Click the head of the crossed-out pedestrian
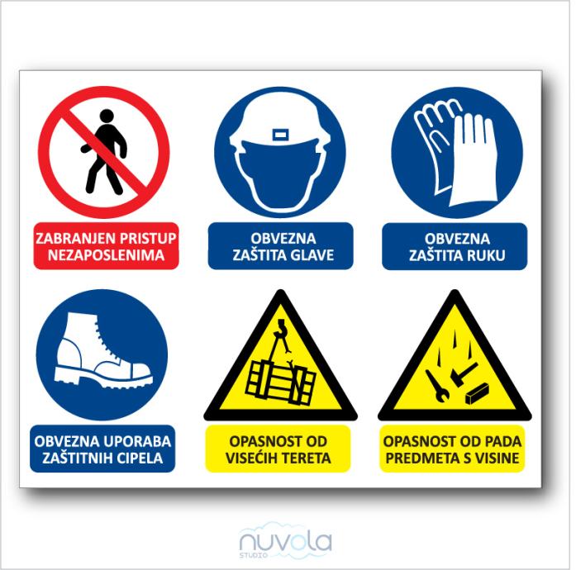pos(107,116)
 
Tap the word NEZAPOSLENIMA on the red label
pos(106,255)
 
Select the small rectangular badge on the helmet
pos(280,135)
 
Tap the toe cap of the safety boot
pos(138,372)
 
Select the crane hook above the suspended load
pos(283,329)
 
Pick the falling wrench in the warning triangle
pos(437,385)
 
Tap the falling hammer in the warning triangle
pos(464,374)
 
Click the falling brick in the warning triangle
pos(477,393)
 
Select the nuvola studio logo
pos(285,541)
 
